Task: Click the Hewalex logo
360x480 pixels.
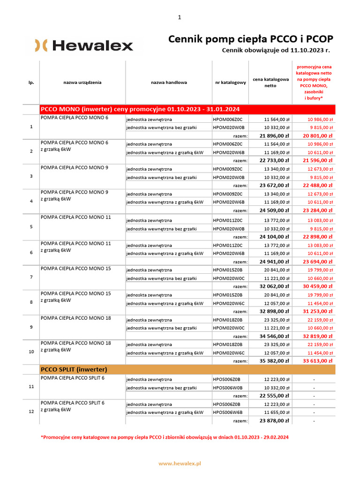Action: point(84,45)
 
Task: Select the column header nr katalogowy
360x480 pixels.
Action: point(231,82)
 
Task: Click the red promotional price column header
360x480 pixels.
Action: point(314,82)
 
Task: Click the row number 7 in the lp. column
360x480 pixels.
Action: point(31,277)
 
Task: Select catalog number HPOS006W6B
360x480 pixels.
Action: point(229,412)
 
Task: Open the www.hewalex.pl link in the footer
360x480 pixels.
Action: point(180,463)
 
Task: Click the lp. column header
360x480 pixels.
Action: point(31,82)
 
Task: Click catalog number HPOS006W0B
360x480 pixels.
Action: point(229,388)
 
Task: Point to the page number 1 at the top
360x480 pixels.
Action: point(180,17)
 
